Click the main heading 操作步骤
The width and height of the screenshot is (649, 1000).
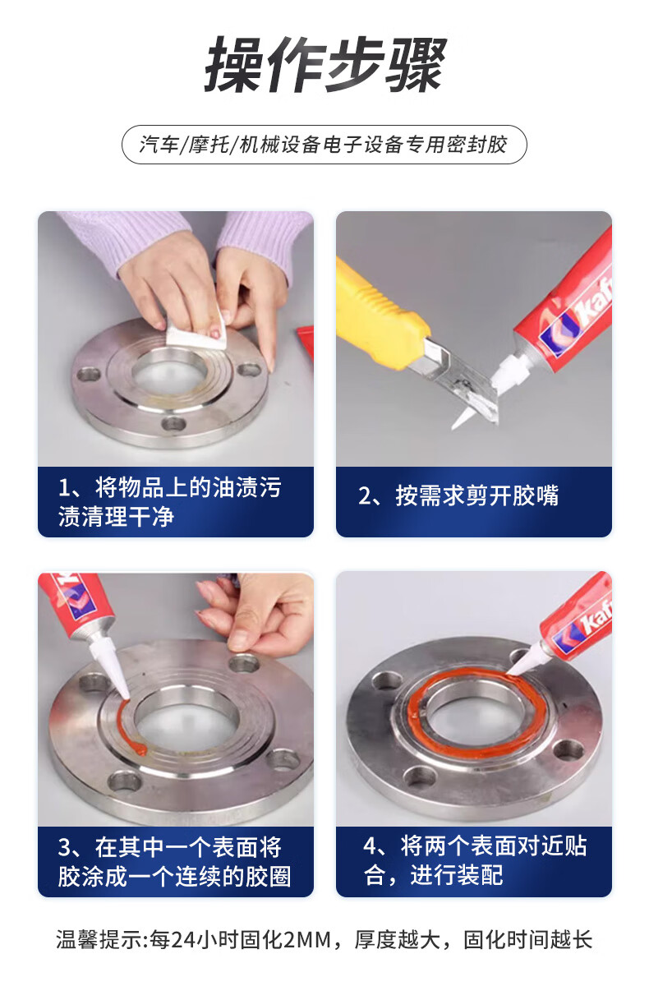coord(325,64)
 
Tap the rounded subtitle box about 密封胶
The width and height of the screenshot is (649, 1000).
coord(324,145)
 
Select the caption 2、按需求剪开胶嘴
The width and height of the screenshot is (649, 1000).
coord(458,495)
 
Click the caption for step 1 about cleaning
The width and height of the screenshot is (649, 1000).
coord(169,502)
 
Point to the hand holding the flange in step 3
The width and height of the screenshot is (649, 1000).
coord(255,616)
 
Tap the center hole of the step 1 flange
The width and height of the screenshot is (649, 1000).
coord(169,374)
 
